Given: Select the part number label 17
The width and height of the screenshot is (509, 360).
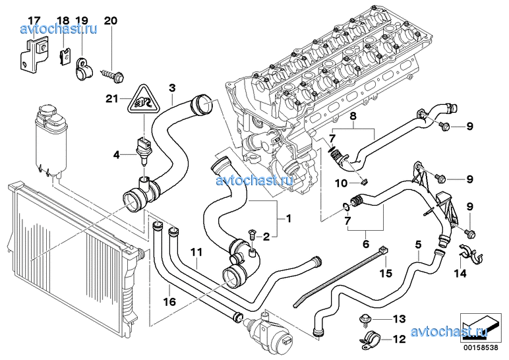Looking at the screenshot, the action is coord(34,21).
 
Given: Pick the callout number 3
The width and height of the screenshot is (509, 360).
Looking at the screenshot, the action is coord(172,88).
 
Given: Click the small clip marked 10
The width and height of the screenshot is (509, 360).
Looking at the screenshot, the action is coord(364,181).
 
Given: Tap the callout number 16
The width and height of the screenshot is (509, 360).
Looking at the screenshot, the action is coord(169,302).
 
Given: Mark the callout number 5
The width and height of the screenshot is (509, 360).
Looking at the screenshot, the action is coord(418,244).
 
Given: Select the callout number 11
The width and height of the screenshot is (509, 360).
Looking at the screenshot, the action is coord(196,252).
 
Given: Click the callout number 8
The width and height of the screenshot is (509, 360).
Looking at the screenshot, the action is coord(353,115).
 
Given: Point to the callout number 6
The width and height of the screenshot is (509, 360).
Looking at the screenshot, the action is coord(366,244).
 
